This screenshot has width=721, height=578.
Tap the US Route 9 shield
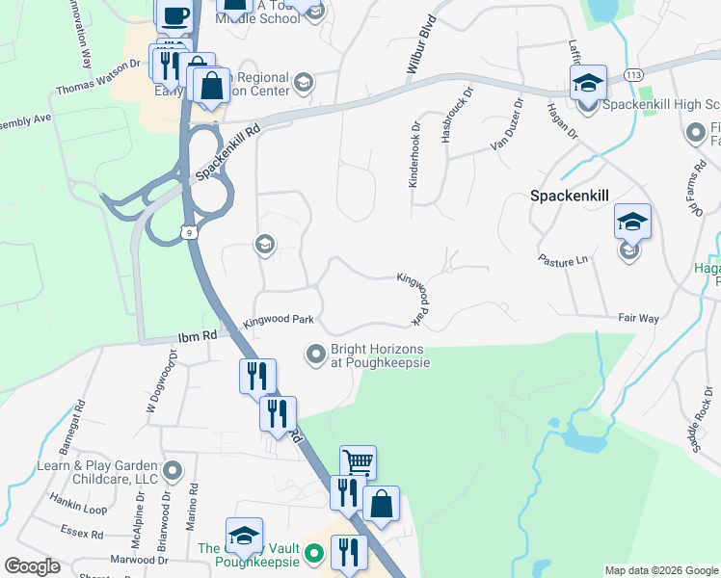(x=190, y=230)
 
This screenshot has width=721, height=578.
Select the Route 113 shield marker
(x=633, y=74)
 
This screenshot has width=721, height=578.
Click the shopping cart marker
(x=358, y=463)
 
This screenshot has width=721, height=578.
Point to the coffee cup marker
(x=174, y=15)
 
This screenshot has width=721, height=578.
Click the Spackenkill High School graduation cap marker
(x=588, y=83)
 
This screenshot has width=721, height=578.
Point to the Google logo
(x=32, y=566)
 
